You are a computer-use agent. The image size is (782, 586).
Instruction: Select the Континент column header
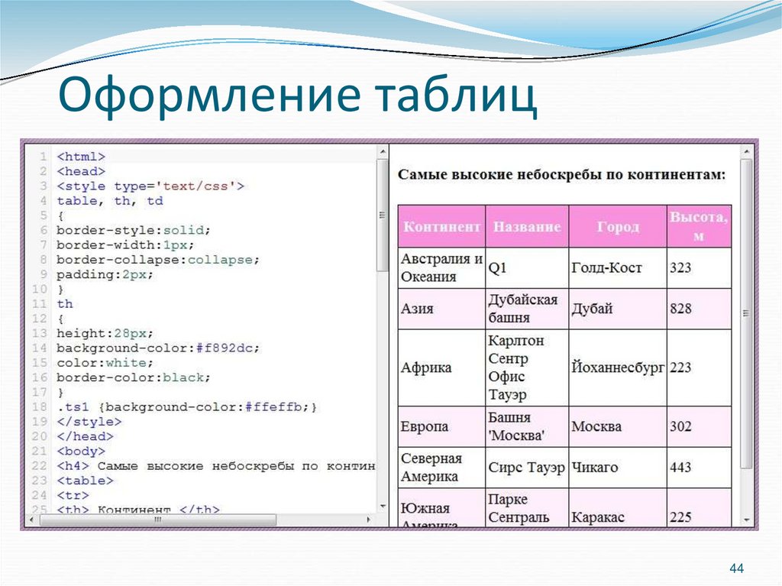[x=441, y=227]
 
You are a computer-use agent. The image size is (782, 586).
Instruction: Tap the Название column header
[x=527, y=227]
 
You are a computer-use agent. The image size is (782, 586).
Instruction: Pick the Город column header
[x=618, y=227]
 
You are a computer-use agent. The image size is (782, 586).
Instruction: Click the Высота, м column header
[x=699, y=226]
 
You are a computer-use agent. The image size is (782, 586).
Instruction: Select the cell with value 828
[x=680, y=309]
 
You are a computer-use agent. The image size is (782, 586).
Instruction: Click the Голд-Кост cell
[x=606, y=268]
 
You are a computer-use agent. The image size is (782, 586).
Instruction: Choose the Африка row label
[x=426, y=367]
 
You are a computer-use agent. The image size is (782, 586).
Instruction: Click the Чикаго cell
[x=595, y=467]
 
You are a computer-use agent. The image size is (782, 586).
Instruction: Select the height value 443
[x=680, y=467]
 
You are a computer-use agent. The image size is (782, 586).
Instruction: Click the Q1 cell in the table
[x=498, y=268]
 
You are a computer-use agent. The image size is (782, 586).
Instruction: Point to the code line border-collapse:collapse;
[x=158, y=259]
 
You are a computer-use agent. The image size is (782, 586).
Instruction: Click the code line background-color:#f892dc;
[x=158, y=348]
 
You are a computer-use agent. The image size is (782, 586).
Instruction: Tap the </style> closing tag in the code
[x=89, y=422]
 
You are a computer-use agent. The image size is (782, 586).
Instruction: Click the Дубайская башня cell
[x=523, y=309]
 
